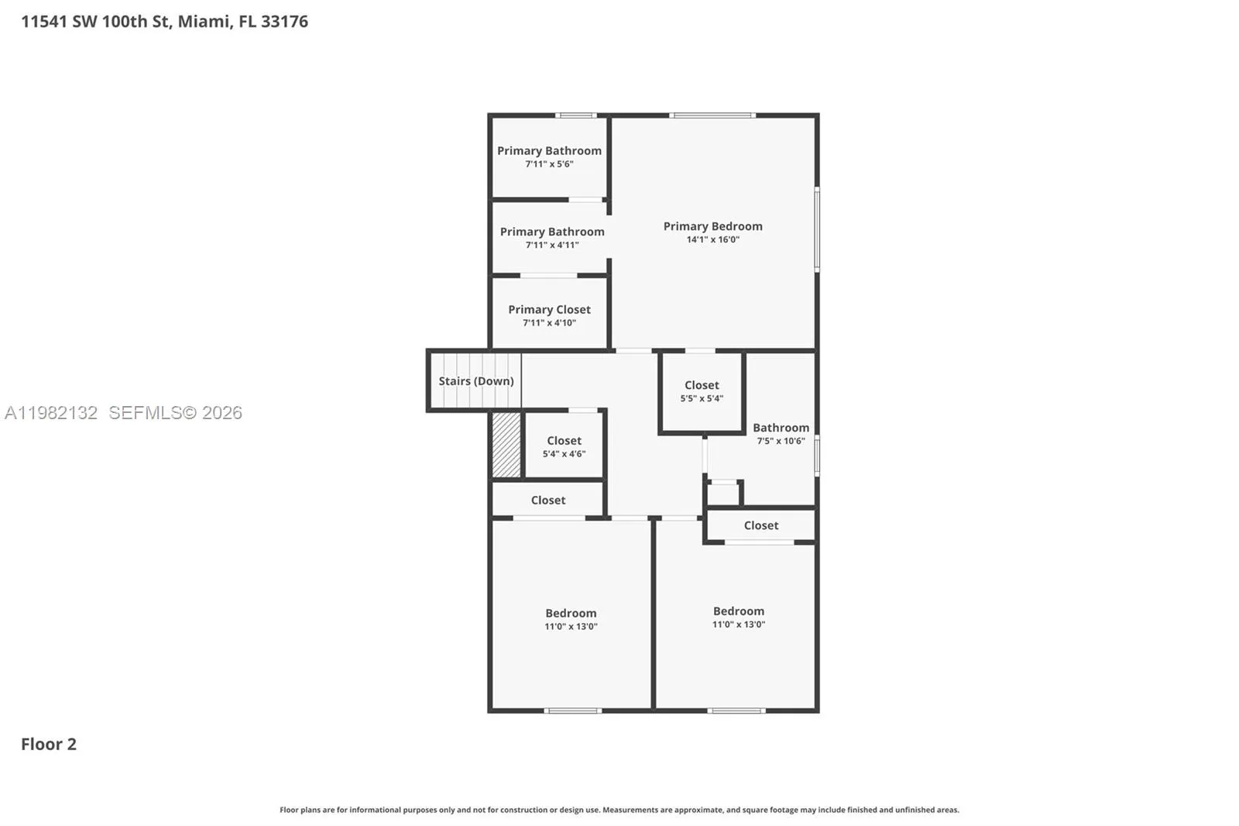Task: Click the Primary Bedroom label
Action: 712,226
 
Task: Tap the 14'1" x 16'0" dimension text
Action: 712,239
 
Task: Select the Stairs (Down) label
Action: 475,380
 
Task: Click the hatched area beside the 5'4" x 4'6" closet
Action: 506,445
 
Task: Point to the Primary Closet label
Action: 549,309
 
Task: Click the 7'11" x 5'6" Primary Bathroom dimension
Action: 549,164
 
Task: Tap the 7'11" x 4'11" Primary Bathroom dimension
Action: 551,245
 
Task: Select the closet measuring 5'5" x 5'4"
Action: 702,391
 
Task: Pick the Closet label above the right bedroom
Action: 760,525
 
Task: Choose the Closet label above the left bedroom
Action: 547,501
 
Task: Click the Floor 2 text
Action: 48,744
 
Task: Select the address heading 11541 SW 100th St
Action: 164,22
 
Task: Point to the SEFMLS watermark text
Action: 175,413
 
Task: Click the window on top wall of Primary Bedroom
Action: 712,115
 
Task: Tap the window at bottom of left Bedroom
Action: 572,711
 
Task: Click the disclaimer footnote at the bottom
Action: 619,810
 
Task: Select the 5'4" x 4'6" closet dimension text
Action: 564,454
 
